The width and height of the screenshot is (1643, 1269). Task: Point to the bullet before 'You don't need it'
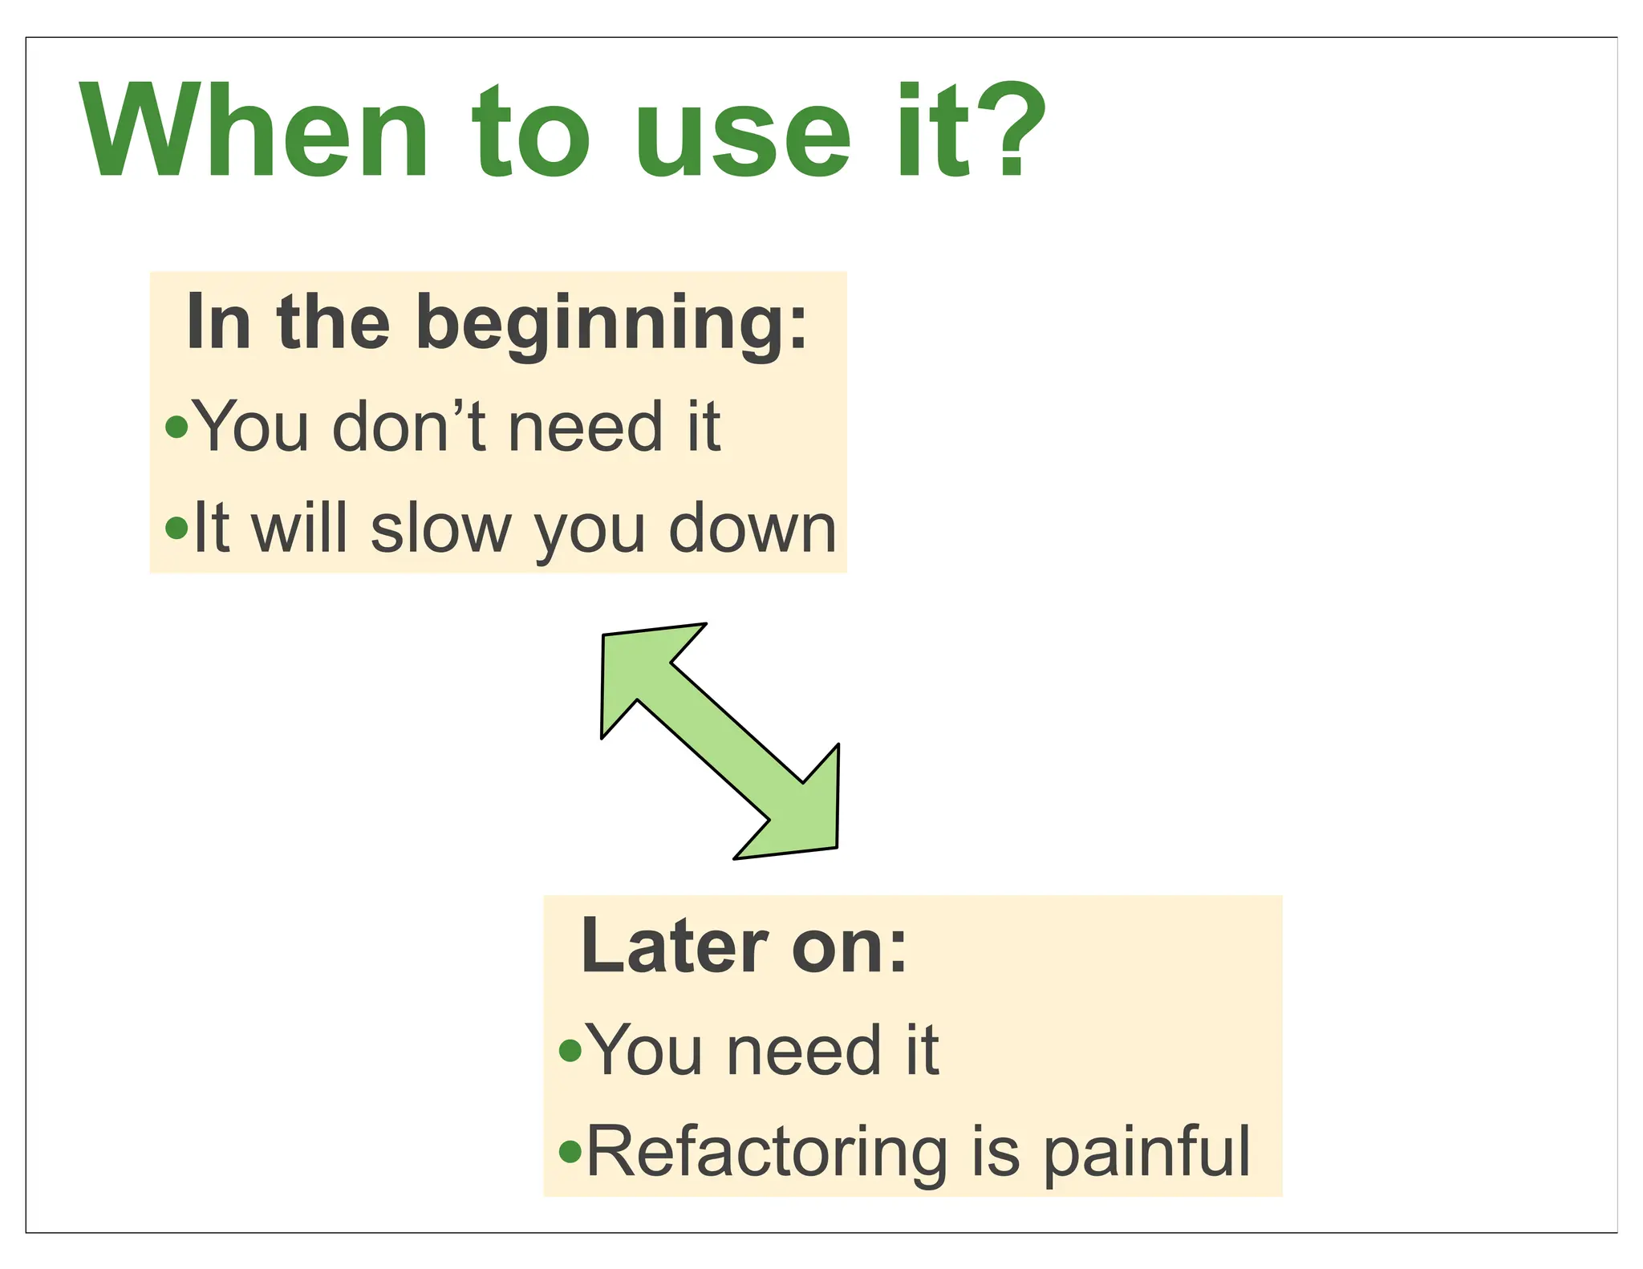[x=176, y=427]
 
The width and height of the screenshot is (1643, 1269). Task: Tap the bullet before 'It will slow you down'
[x=176, y=528]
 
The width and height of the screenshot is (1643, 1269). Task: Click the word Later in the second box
[x=675, y=947]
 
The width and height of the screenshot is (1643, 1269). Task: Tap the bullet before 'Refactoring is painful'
[x=570, y=1152]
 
